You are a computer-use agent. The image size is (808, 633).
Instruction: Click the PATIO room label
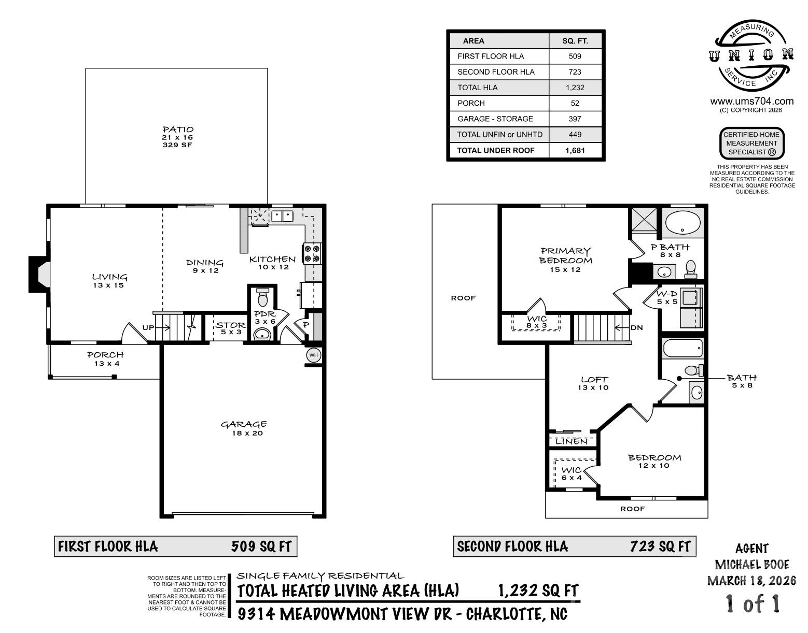coord(177,130)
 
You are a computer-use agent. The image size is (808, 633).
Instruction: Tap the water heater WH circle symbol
coord(313,355)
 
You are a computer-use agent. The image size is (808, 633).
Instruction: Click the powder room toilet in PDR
coord(262,299)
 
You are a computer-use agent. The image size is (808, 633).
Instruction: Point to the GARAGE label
coord(244,425)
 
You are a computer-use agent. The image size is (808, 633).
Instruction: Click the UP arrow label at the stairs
coord(148,327)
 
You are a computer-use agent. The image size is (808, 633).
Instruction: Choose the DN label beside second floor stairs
coord(637,327)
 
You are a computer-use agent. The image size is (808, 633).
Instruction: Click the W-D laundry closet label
coord(667,294)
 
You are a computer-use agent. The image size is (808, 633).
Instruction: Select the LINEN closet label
coord(572,441)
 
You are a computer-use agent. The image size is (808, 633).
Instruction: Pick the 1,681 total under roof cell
coord(575,150)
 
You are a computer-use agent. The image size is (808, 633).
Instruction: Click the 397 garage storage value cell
coord(575,119)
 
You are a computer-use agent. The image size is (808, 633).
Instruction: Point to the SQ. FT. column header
coord(575,41)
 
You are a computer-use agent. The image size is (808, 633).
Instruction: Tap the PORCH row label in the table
coord(471,103)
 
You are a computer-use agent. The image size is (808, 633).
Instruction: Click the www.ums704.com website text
coord(751,101)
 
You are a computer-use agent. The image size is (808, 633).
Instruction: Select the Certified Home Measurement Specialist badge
coord(751,143)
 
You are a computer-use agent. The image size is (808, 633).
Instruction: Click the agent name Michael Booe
coord(751,565)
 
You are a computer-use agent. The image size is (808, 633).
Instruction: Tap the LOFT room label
coord(594,380)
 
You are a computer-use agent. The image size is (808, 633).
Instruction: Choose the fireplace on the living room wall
coord(39,273)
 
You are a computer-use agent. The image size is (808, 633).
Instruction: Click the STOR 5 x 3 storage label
coord(230,325)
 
